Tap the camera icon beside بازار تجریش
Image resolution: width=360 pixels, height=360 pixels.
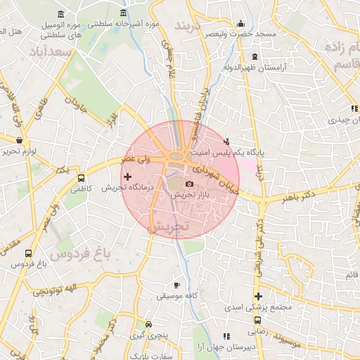(189, 184)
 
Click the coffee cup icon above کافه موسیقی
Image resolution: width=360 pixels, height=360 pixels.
(176, 285)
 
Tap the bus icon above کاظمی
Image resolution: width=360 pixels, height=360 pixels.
(81, 178)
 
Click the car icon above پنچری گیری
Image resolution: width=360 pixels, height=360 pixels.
(148, 325)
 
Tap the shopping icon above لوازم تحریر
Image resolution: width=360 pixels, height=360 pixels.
(18, 140)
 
